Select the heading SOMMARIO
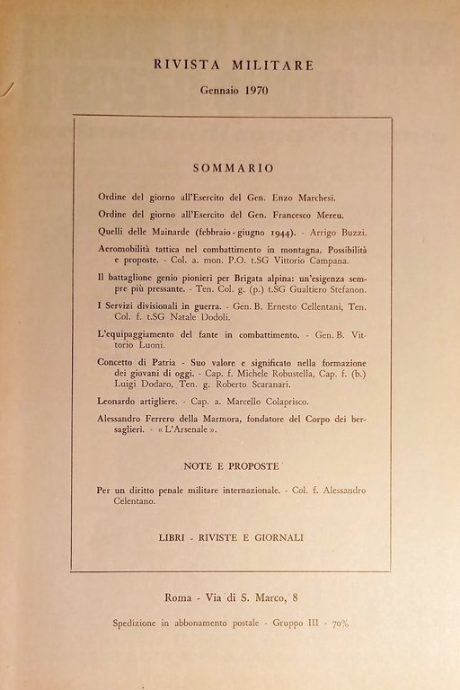click(x=233, y=168)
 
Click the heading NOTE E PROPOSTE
click(x=232, y=467)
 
